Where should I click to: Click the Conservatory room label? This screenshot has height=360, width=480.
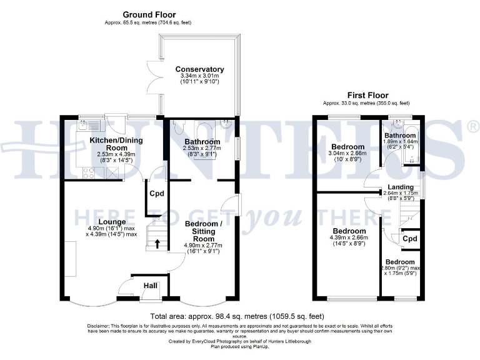click(x=199, y=69)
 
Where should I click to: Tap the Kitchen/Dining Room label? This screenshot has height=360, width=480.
click(x=116, y=144)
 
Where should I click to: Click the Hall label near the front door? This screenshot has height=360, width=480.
click(x=151, y=285)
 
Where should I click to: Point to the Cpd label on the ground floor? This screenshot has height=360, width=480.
click(x=156, y=193)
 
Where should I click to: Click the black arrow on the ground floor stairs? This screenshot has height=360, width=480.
click(x=157, y=242)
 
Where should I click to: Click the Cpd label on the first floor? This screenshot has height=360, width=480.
click(x=409, y=239)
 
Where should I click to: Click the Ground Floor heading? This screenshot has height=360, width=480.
click(x=149, y=14)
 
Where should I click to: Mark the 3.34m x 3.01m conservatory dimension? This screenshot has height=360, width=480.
click(x=199, y=77)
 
